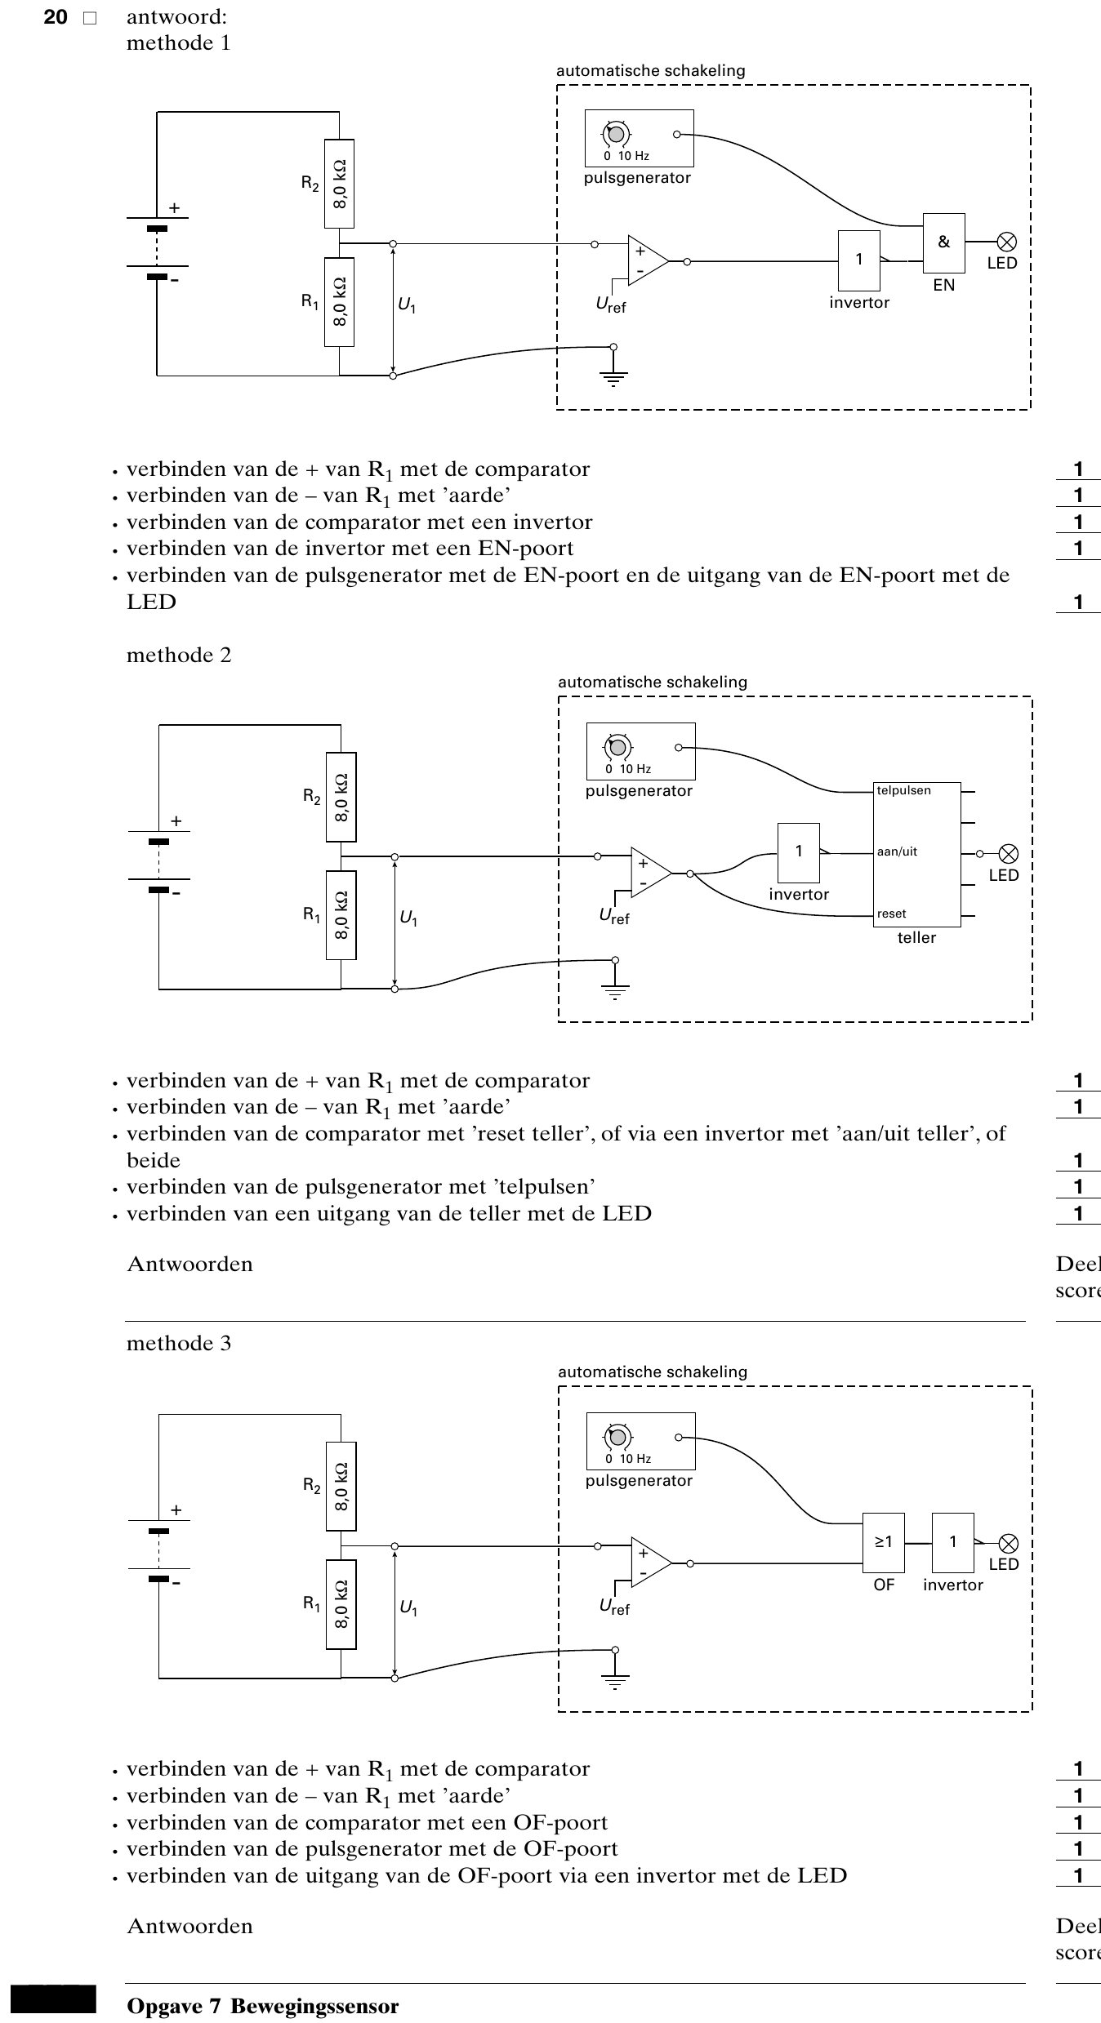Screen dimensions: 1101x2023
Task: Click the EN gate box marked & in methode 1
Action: pos(944,243)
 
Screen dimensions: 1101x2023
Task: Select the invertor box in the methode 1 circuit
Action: pos(859,260)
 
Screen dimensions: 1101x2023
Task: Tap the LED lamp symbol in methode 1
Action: pos(1008,242)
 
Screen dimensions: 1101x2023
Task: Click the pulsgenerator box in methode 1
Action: pos(640,139)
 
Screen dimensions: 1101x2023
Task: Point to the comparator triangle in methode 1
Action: pos(648,261)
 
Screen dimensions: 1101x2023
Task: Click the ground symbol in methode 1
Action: pos(613,377)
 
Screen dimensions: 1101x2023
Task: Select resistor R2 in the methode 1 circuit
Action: pos(340,185)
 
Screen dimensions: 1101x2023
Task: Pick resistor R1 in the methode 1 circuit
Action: pos(340,302)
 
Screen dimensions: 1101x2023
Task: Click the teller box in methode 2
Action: pos(917,853)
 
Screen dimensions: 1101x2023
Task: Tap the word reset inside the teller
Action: pos(892,914)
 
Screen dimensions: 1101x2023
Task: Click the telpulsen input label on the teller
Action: pos(904,790)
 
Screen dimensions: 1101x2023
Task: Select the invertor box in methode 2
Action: pos(799,852)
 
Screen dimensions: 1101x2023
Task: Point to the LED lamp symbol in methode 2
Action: pos(1010,854)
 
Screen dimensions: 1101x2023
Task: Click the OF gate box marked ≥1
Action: pos(884,1543)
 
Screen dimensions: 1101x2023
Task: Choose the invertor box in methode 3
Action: pos(953,1543)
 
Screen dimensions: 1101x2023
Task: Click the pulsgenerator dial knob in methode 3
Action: pos(618,1437)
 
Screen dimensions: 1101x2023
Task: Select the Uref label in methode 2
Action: pos(614,917)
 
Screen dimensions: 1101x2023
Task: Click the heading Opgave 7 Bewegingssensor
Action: pos(263,2006)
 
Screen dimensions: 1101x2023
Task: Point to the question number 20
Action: pos(56,17)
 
